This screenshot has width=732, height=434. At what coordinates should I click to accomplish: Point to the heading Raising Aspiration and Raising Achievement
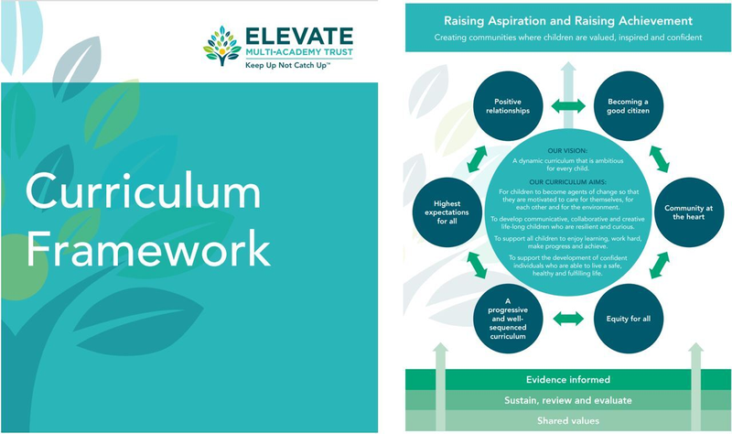click(567, 20)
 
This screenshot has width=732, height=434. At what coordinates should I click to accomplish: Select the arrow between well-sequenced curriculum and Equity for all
click(567, 319)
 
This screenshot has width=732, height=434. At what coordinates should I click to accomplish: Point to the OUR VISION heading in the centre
click(567, 150)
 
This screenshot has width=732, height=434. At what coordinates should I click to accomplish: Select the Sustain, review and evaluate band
click(567, 400)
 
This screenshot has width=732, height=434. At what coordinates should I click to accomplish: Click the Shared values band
click(567, 420)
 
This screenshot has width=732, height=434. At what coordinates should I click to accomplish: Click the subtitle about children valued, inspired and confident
click(567, 38)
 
